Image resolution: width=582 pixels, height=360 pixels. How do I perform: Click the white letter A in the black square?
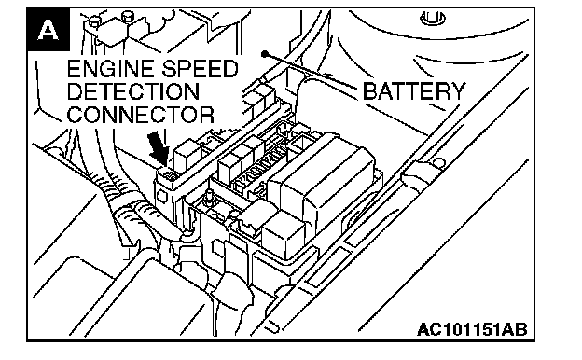coord(48,30)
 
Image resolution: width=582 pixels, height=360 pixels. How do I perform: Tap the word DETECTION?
coord(133,91)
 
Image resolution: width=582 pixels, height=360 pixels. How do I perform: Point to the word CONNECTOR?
coord(140,115)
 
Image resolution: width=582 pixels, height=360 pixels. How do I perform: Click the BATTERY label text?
coord(413,91)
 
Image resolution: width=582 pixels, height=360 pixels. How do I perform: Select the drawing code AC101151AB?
coord(472,329)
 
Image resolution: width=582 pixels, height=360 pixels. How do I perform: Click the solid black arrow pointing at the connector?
coord(159,149)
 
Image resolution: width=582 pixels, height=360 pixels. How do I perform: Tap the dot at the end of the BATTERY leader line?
coord(264,54)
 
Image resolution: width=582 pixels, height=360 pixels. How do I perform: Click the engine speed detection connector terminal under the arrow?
coord(171,175)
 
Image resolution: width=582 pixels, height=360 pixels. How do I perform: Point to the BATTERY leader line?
coord(311,71)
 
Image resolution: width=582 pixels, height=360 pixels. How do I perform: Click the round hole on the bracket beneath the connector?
coord(162,196)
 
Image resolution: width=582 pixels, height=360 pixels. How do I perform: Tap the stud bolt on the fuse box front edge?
coord(209,197)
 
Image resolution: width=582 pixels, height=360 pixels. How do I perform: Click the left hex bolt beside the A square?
coord(94,20)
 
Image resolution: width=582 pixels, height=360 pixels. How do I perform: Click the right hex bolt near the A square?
coord(128,16)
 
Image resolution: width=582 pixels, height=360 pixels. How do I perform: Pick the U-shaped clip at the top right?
coord(433,18)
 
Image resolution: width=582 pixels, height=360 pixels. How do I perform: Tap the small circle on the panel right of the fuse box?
coord(439,163)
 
